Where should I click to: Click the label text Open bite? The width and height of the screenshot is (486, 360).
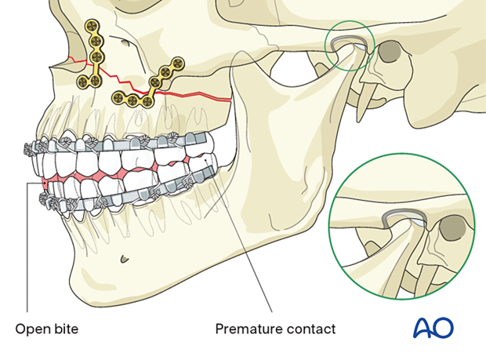[48, 329]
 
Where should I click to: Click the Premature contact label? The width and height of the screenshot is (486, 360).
[275, 329]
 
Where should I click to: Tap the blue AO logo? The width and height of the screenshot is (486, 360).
[433, 327]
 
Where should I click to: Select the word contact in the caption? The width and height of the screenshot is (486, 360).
[309, 329]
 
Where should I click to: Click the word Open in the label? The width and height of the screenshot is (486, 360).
[31, 329]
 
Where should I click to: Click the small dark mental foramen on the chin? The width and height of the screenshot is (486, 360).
[124, 259]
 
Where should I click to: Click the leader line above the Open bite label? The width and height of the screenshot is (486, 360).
[27, 251]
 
